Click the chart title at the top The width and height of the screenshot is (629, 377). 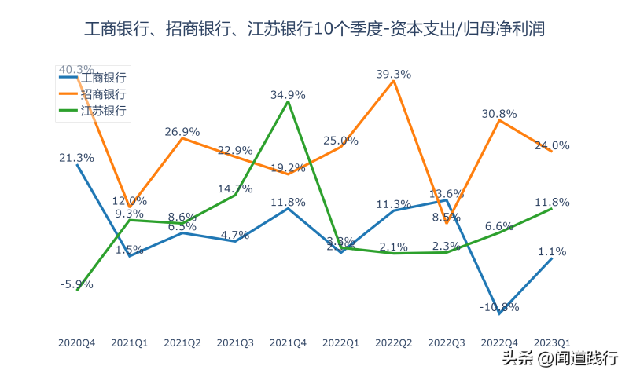click(314, 30)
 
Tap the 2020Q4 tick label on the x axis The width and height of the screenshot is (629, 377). click(77, 342)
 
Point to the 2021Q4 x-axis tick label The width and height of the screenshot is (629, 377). click(288, 342)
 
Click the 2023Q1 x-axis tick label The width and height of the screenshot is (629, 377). click(552, 342)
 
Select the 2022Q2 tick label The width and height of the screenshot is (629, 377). click(394, 342)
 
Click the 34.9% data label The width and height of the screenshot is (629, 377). click(288, 94)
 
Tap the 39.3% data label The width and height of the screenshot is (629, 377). click(394, 74)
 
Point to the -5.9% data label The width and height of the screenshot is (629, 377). click(76, 284)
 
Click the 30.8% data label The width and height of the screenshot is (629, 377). click(499, 113)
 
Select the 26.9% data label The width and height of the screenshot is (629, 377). click(182, 131)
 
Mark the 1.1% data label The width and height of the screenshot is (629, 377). click(553, 251)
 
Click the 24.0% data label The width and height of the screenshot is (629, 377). click(553, 145)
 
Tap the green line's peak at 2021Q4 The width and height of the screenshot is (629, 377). click(288, 101)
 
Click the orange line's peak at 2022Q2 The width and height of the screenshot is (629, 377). click(394, 81)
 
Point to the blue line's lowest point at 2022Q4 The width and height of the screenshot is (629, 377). click(499, 313)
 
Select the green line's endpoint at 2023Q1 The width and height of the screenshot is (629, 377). click(552, 208)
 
